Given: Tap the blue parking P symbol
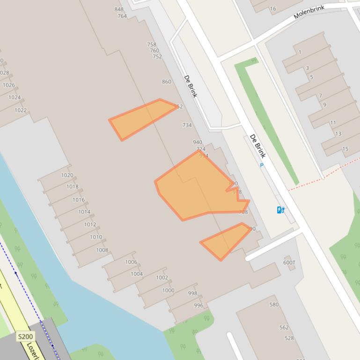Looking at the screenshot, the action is (x=262, y=165).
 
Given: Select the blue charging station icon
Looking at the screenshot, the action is (x=280, y=210).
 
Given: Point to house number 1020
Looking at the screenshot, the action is (x=67, y=175).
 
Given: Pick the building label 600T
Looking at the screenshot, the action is (x=289, y=262).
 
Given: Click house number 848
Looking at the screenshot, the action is (x=119, y=9).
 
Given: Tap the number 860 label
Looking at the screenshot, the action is (x=167, y=82).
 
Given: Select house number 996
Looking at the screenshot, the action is (x=198, y=306).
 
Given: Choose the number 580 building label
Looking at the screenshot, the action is (x=274, y=304).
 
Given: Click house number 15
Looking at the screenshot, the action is (x=345, y=149).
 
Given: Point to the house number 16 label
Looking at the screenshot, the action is (x=273, y=8).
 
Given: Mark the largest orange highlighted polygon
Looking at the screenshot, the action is (x=197, y=187).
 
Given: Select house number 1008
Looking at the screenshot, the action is (x=102, y=250).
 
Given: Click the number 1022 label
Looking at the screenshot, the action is (x=21, y=110).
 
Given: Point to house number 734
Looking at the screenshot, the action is (x=187, y=125).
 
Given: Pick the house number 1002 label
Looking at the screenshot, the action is (x=162, y=278).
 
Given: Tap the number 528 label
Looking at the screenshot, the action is (x=289, y=338).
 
